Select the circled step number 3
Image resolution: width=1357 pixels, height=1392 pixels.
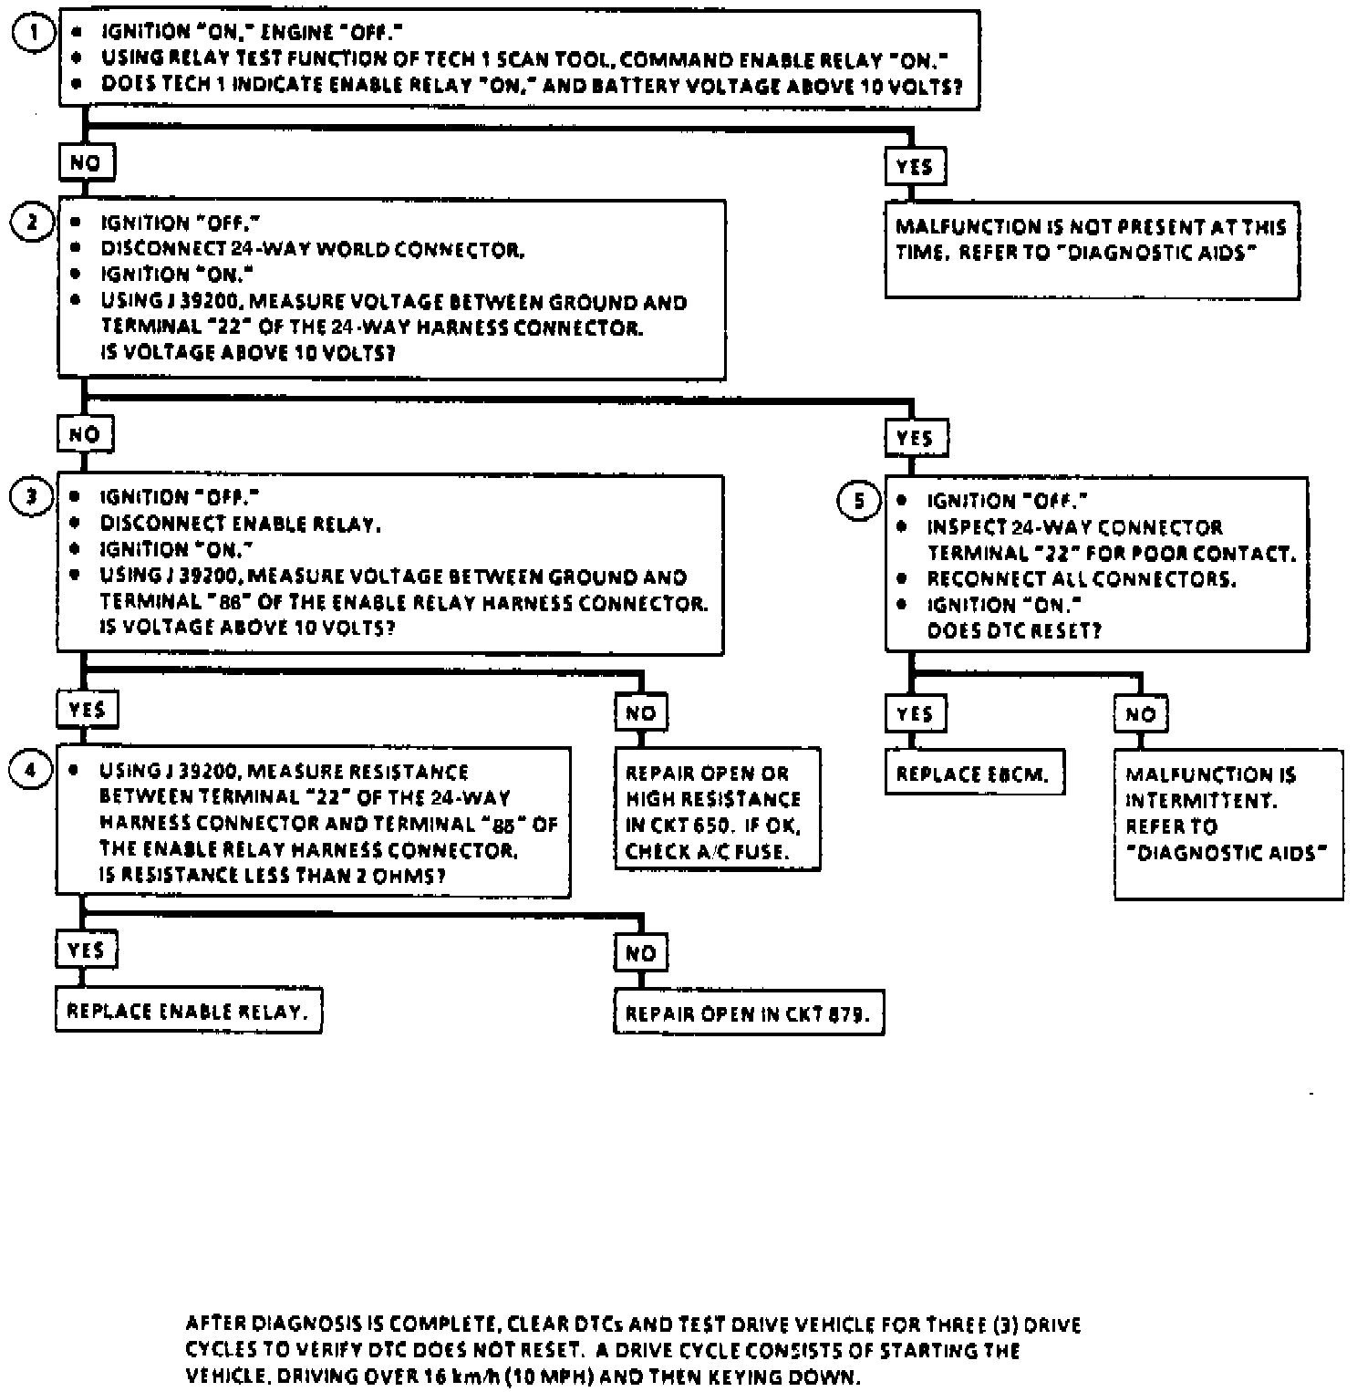tap(32, 497)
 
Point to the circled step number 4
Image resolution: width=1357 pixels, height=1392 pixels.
tap(31, 771)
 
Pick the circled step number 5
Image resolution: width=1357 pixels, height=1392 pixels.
tap(858, 501)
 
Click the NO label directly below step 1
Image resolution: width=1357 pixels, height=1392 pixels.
tap(86, 164)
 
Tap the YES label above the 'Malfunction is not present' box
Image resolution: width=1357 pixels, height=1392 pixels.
tap(914, 167)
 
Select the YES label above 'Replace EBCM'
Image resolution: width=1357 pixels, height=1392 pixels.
tap(914, 714)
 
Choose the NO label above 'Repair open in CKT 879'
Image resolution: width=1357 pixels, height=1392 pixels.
tap(640, 953)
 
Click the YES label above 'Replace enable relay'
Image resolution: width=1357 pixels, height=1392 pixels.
tap(86, 951)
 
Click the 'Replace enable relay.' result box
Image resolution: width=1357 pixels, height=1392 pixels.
tap(188, 1012)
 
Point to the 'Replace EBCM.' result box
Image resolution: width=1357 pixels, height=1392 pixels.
tap(974, 774)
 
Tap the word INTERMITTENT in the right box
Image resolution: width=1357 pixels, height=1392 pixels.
tap(1200, 800)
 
